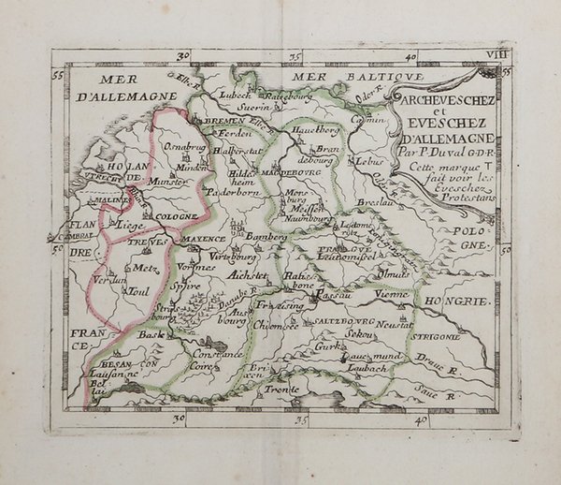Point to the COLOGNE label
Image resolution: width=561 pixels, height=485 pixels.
(x=176, y=216)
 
